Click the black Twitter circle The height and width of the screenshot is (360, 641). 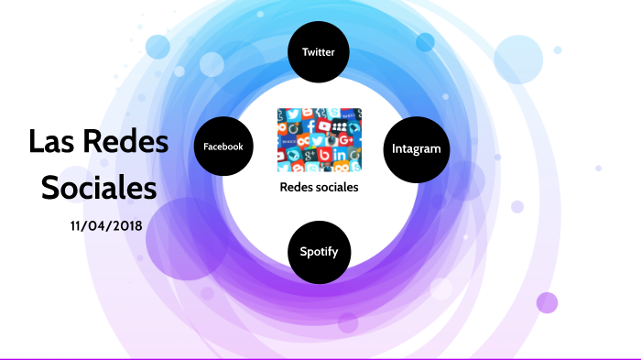tap(319, 52)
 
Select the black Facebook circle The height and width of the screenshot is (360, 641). tap(223, 147)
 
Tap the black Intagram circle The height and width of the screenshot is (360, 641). tap(417, 148)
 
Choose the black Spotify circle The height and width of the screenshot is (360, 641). tap(319, 249)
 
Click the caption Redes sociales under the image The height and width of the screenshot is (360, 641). tap(319, 187)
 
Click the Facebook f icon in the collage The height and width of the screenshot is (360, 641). tap(311, 125)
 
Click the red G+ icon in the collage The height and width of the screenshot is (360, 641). tap(345, 139)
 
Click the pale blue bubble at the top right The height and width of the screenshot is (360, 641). tap(519, 60)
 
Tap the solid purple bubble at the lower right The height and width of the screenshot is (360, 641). tap(547, 302)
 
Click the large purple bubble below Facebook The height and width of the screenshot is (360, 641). tap(187, 240)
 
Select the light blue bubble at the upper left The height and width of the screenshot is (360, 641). tap(158, 47)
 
